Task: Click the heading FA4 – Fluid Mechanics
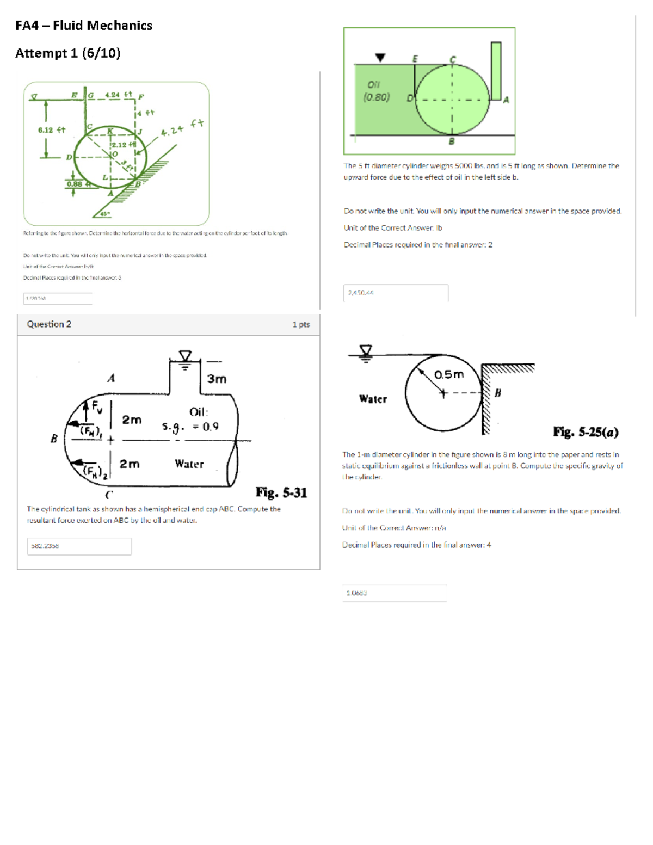[x=84, y=26]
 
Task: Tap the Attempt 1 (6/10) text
[x=68, y=53]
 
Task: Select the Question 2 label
[x=49, y=324]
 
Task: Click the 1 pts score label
[x=301, y=325]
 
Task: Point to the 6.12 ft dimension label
[x=52, y=130]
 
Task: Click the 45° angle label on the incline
[x=104, y=214]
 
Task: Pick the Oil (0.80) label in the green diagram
[x=376, y=91]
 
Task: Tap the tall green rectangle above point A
[x=496, y=71]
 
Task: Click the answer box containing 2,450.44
[x=396, y=293]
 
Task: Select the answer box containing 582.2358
[x=79, y=546]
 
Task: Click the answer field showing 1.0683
[x=395, y=593]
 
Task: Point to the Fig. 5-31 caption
[x=281, y=493]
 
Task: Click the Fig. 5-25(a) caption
[x=586, y=433]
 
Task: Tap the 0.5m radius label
[x=449, y=374]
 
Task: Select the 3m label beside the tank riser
[x=217, y=379]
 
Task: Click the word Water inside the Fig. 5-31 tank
[x=189, y=464]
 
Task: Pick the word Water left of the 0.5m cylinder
[x=373, y=399]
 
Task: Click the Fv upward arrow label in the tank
[x=96, y=406]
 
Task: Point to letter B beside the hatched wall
[x=497, y=393]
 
